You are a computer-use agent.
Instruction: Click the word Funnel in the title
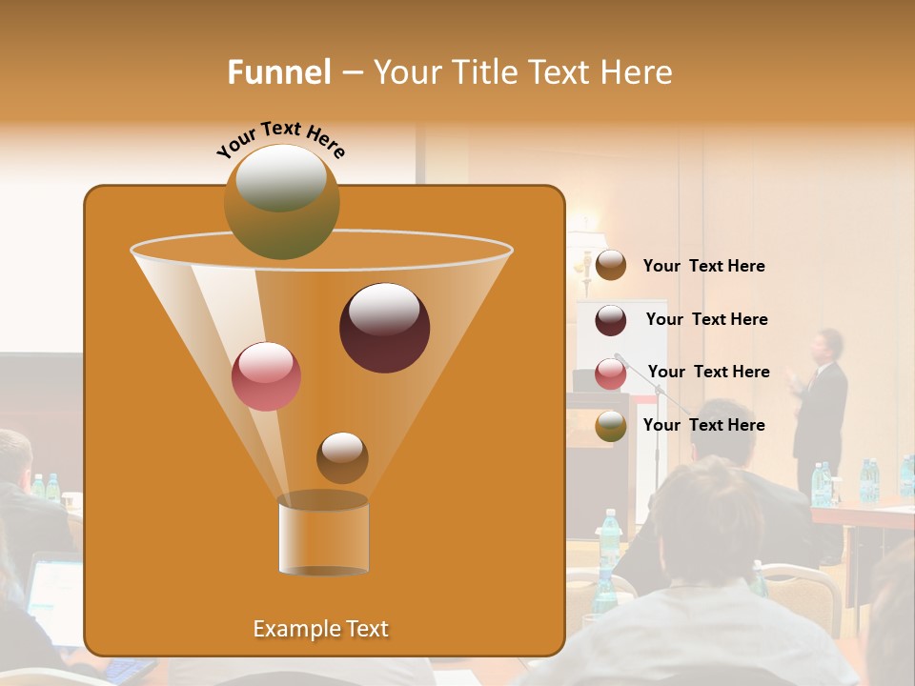279,72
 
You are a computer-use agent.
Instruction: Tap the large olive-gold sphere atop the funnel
282,201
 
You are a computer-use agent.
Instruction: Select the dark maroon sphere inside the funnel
384,328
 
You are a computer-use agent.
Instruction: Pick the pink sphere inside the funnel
267,376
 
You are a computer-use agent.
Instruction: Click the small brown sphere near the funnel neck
342,457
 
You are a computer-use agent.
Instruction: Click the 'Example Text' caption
321,629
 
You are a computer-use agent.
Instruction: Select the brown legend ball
611,266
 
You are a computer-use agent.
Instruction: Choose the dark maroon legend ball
611,320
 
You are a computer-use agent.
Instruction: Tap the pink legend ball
611,373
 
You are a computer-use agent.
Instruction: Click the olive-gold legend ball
611,426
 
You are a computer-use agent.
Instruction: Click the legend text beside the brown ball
703,266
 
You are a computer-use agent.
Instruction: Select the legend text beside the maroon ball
706,319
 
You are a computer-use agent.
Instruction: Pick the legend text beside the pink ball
708,372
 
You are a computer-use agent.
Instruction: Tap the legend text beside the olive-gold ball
703,425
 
